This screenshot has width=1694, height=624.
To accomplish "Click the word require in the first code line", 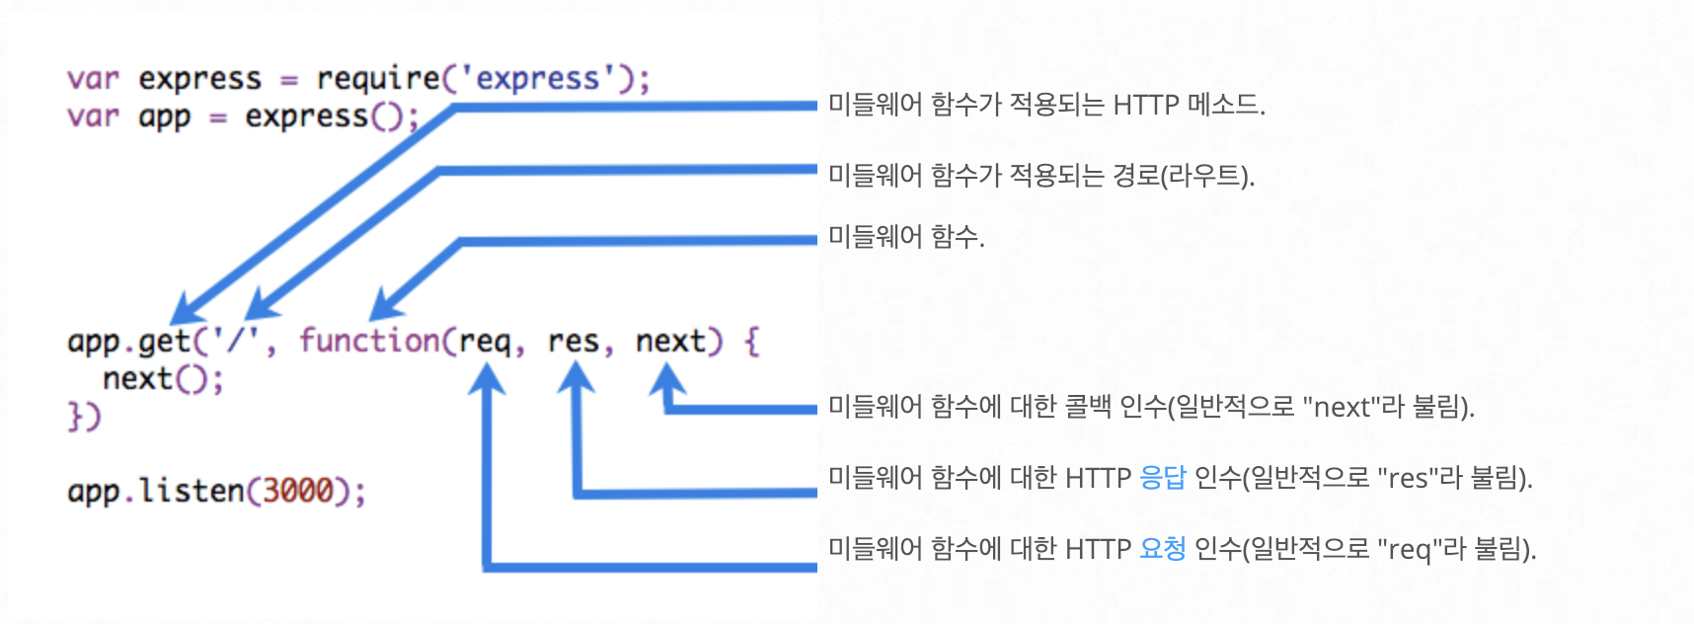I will click(x=378, y=79).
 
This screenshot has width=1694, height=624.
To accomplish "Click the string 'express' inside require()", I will click(x=537, y=78).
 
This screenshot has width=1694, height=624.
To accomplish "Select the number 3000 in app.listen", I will click(x=297, y=491).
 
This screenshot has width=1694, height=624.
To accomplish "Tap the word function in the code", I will click(x=369, y=342).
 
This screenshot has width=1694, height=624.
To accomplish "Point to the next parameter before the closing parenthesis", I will click(x=670, y=342).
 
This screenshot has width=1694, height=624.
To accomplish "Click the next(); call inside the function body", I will click(x=163, y=379).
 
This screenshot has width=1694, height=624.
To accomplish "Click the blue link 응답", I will click(x=1162, y=478).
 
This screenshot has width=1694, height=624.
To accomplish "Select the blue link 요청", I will click(x=1162, y=549).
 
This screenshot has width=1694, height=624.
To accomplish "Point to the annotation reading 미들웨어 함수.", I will click(x=905, y=237).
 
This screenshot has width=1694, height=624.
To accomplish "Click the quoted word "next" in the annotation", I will click(x=1342, y=407).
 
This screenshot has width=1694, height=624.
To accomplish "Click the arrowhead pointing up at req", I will click(x=487, y=380).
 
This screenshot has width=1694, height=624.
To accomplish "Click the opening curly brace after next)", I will click(x=752, y=342).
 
